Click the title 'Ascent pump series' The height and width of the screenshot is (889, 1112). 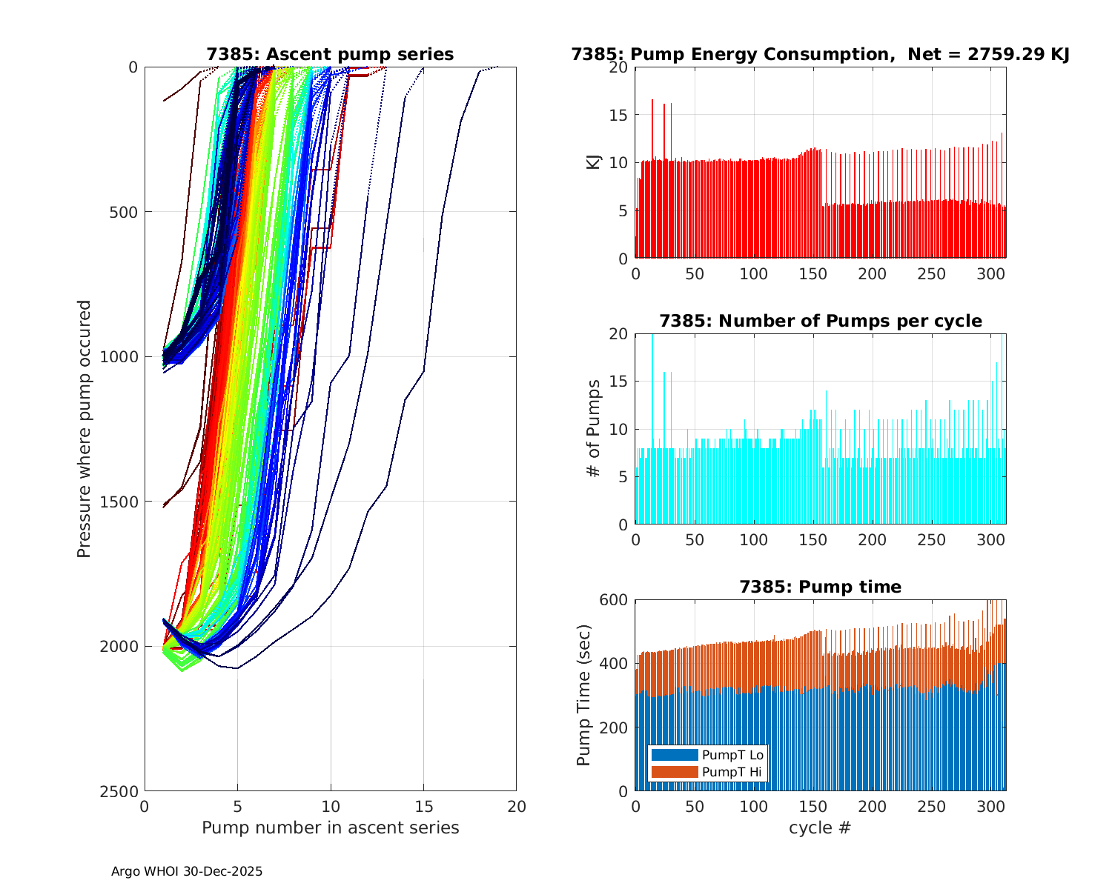pos(330,54)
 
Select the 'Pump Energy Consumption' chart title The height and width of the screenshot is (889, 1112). pos(820,54)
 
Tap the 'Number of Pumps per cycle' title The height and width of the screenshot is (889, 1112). pos(820,321)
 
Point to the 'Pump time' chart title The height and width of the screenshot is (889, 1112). pos(820,587)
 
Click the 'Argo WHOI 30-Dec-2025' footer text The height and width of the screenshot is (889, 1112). pos(187,871)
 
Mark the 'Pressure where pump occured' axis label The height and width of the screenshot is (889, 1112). pos(84,429)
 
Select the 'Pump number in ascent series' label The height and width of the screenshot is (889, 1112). pos(330,828)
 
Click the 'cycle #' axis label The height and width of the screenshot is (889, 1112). pos(820,828)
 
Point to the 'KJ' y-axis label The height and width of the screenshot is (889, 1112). pos(594,163)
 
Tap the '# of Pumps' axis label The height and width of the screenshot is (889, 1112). pos(594,429)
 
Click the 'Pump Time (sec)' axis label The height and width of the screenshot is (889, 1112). pos(584,695)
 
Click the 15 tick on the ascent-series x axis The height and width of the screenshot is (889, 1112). pos(423,806)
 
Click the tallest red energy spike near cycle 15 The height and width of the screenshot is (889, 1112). pos(652,101)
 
